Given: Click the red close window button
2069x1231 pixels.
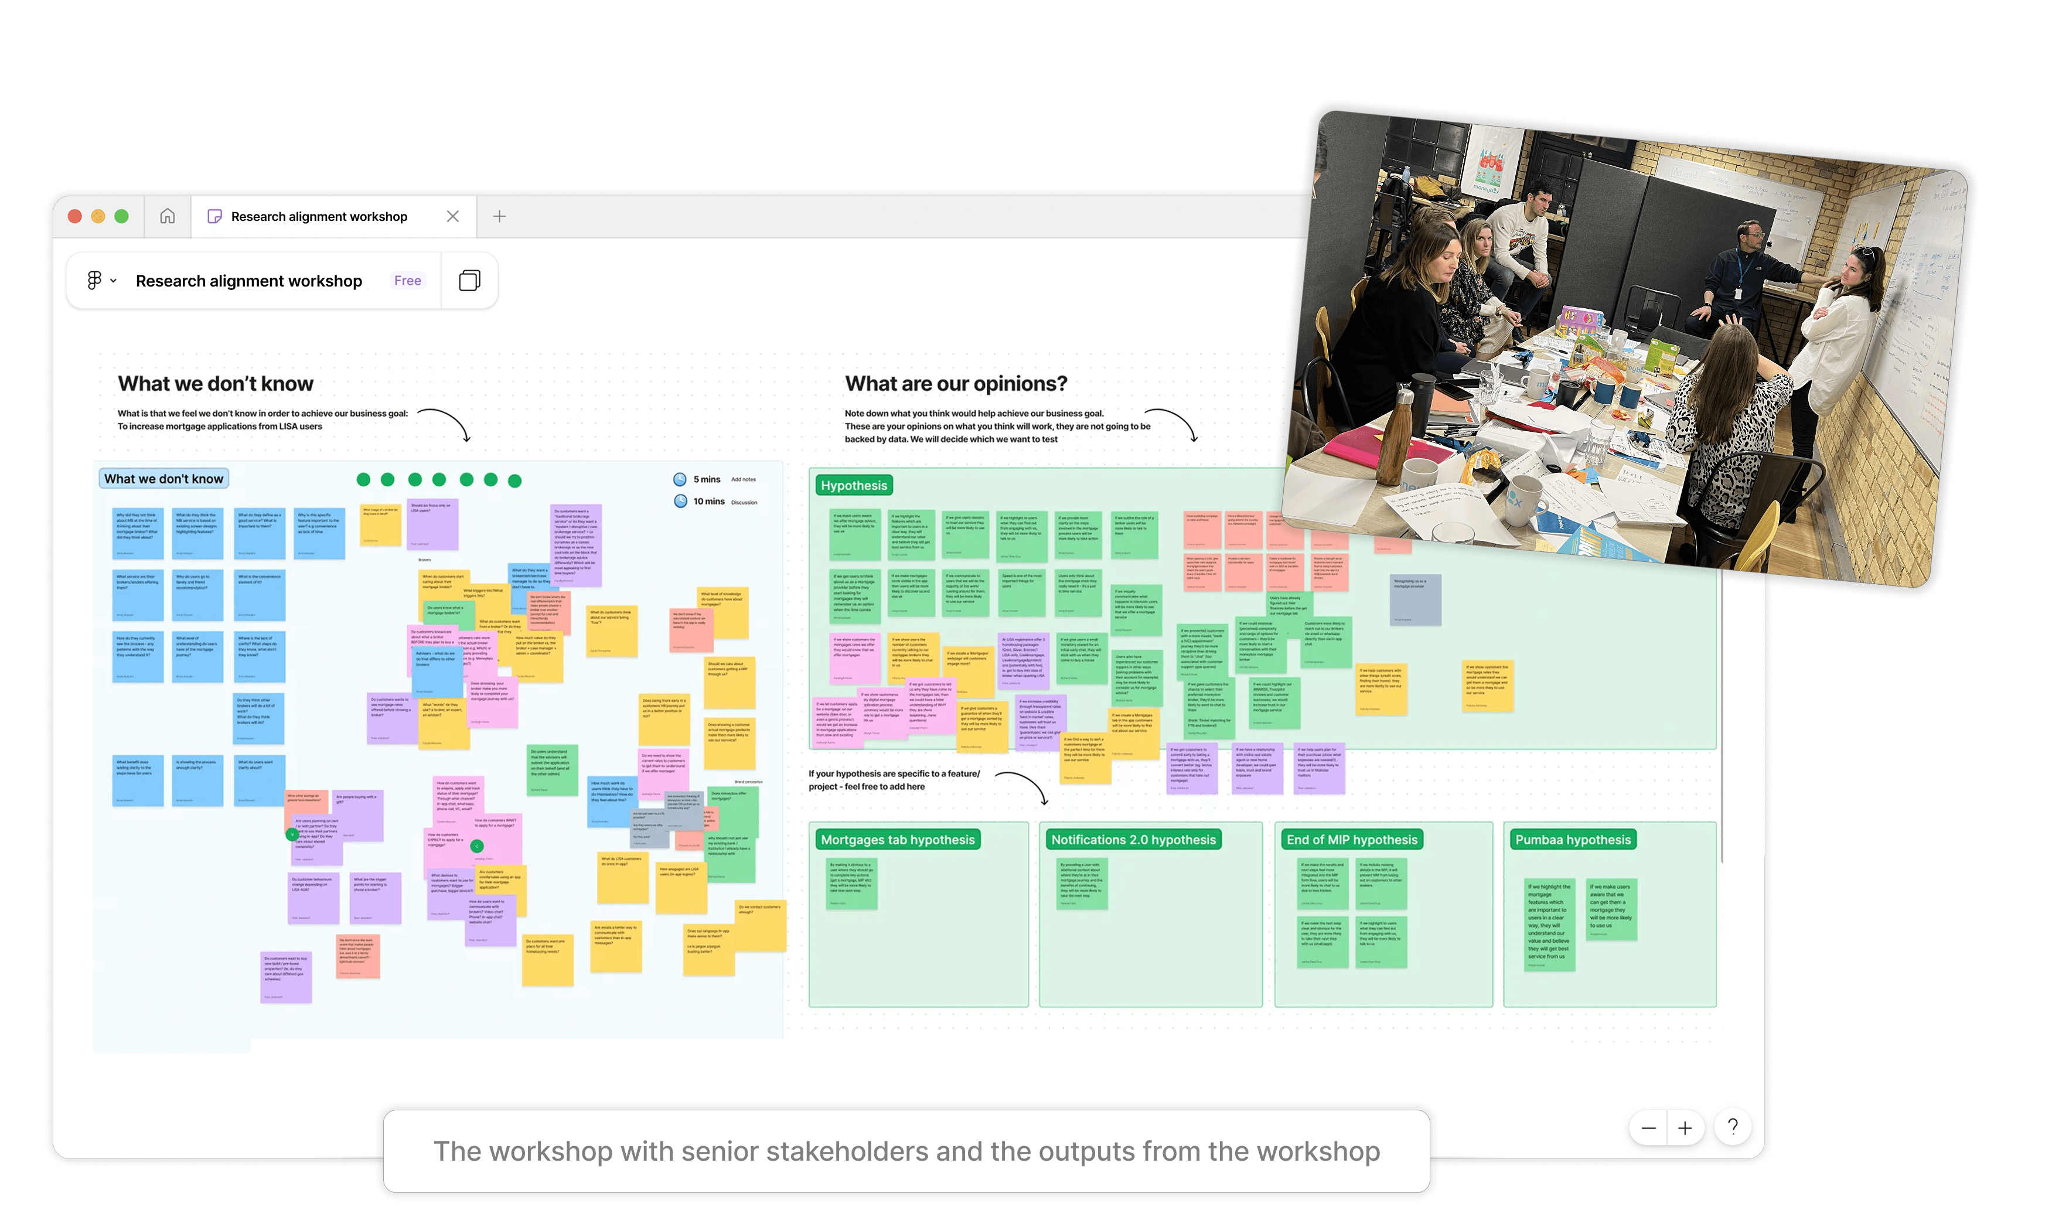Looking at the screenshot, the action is [74, 217].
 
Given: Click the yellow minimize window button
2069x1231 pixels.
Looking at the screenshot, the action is [98, 217].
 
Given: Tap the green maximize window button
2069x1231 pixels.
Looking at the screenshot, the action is [121, 217].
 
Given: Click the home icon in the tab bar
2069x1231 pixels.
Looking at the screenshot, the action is [168, 217].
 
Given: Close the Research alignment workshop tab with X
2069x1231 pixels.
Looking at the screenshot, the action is [452, 217].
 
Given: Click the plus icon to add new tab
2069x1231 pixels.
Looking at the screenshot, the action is [499, 217].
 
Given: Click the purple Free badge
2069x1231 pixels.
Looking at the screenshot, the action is [407, 281].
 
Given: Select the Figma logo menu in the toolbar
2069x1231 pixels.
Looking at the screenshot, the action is [100, 281].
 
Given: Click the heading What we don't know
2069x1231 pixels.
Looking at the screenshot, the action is [216, 384].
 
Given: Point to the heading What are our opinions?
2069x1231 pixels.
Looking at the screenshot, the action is [956, 384].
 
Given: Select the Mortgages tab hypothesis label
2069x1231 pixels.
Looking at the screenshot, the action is [898, 840].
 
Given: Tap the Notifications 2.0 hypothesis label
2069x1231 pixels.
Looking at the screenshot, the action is [1133, 840].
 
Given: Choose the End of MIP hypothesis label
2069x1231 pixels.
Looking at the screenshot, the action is [1351, 840].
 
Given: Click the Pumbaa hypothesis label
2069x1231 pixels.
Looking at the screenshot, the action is [1572, 840].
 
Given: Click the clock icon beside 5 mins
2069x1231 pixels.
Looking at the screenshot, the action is [680, 479].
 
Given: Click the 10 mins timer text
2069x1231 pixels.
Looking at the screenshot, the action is [708, 502].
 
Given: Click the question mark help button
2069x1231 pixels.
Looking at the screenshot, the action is [1732, 1127].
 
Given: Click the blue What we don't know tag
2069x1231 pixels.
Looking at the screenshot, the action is [163, 479].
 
